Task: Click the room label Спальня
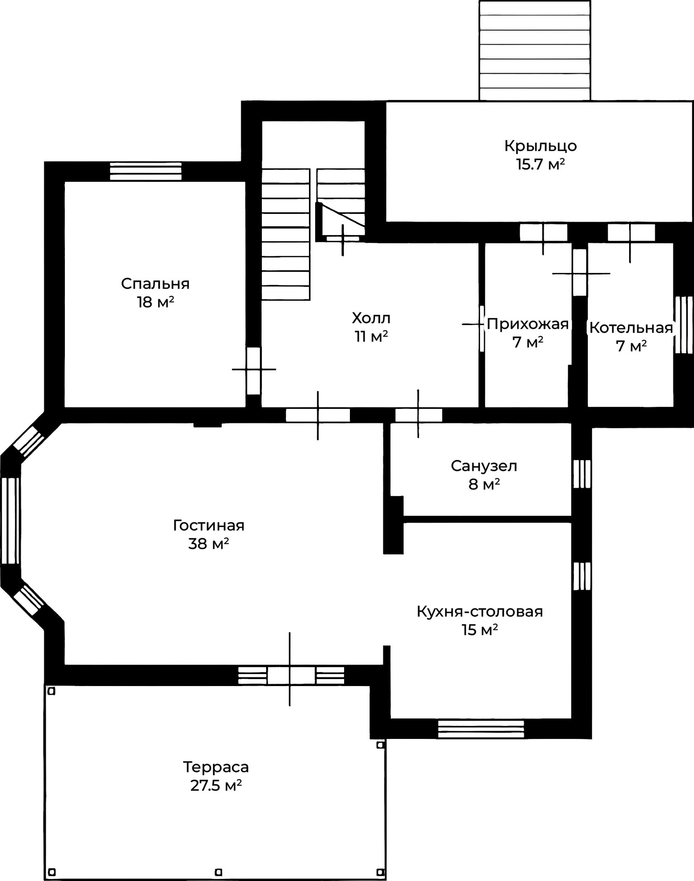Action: click(155, 284)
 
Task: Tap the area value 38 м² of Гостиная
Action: click(209, 544)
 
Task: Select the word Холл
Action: click(371, 318)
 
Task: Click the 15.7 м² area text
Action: click(540, 164)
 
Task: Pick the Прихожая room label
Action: click(528, 324)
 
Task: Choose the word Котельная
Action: click(631, 328)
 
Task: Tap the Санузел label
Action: click(484, 466)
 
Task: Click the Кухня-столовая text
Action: click(480, 611)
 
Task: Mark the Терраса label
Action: click(216, 767)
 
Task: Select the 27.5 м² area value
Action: click(216, 786)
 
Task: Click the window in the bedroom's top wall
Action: click(145, 171)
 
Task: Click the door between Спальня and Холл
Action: click(254, 370)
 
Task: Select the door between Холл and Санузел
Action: click(418, 415)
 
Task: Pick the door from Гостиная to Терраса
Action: click(290, 676)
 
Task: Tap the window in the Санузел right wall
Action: click(582, 474)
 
